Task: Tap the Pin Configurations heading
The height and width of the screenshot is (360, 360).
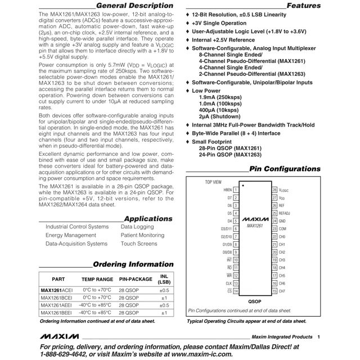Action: (285, 169)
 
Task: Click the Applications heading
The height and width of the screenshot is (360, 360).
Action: (148, 218)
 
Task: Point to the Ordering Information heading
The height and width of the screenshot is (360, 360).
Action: (133, 264)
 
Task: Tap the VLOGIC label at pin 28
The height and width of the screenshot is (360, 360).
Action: (284, 191)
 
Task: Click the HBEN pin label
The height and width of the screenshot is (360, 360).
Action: (225, 190)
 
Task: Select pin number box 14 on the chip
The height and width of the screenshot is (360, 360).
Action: (236, 291)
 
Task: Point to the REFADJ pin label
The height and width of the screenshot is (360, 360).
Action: (285, 213)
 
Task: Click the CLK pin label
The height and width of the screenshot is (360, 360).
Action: (228, 283)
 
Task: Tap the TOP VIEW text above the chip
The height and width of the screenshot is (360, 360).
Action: (213, 182)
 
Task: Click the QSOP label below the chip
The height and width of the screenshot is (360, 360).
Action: (254, 301)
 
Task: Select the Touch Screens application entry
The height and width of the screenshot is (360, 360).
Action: (139, 244)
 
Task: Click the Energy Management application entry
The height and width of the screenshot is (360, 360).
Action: (71, 235)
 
